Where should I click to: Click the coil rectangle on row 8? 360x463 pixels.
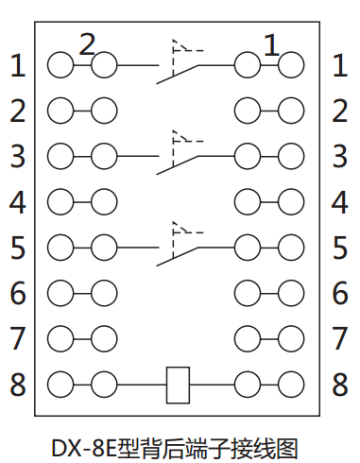[179, 384]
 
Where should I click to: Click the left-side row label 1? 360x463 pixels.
[18, 66]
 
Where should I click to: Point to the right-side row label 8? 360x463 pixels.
[340, 385]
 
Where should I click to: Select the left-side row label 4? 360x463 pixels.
[18, 202]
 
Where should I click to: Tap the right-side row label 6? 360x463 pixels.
[340, 294]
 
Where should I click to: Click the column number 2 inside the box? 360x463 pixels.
[87, 43]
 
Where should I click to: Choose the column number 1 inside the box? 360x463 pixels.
[271, 43]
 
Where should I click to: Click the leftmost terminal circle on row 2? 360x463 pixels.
[60, 111]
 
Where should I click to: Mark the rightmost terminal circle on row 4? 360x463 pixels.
[292, 201]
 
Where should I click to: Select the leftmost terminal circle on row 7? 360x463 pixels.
[60, 337]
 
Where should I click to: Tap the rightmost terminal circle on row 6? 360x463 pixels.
[292, 292]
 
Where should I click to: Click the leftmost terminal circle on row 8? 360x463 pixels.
[60, 384]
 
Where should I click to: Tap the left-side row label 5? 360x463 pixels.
[18, 249]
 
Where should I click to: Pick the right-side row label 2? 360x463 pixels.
[340, 111]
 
